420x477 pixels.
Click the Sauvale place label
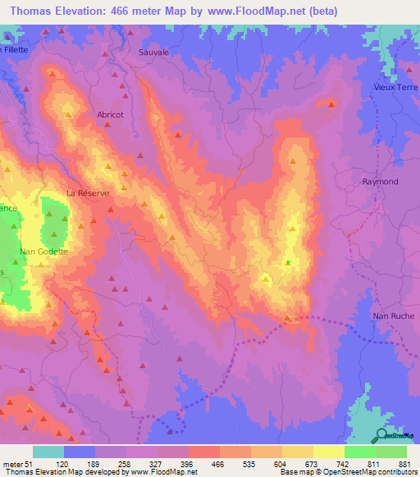click(x=154, y=51)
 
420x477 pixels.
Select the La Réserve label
click(x=87, y=194)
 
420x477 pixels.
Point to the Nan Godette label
click(x=44, y=252)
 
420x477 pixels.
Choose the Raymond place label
click(x=381, y=181)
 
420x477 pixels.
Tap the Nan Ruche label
click(x=393, y=316)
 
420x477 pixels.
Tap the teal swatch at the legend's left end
click(x=48, y=452)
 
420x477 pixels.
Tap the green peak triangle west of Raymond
click(x=288, y=261)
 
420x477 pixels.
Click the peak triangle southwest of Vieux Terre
click(x=331, y=103)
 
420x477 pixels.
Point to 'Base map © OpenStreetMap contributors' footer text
click(x=348, y=471)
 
